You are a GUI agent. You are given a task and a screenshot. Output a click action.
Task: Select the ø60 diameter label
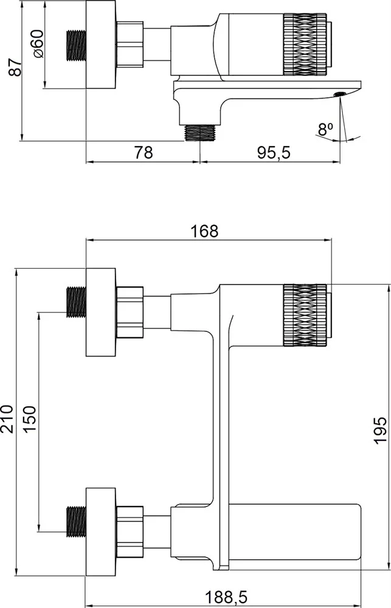(x=39, y=44)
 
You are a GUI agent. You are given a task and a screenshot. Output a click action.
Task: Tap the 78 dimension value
(x=144, y=153)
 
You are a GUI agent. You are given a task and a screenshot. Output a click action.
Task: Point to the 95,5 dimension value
(x=274, y=153)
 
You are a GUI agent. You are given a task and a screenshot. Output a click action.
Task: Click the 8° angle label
(x=325, y=129)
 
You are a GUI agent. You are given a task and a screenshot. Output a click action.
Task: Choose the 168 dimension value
(x=204, y=232)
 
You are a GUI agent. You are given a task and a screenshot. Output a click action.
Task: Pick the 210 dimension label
(x=7, y=419)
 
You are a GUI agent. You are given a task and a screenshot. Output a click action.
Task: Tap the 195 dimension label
(x=380, y=430)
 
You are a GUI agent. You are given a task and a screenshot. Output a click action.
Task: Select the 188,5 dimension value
(x=226, y=598)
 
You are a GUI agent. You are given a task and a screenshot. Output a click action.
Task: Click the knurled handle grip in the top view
(x=305, y=44)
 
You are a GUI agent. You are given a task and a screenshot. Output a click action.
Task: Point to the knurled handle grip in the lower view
(x=305, y=315)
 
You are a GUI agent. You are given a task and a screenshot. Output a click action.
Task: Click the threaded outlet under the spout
(x=200, y=133)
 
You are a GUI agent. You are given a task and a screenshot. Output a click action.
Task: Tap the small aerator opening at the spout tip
(x=340, y=94)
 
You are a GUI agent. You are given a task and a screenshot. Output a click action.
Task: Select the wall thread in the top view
(x=76, y=46)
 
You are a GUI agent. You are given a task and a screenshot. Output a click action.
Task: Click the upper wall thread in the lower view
(x=76, y=302)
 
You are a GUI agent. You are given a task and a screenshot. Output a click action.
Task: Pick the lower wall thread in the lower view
(x=76, y=522)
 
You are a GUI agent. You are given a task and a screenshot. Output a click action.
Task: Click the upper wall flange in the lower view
(x=101, y=312)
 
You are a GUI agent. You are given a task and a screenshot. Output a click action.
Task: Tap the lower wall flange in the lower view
(x=101, y=532)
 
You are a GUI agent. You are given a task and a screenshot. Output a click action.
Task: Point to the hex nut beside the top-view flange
(x=130, y=44)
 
